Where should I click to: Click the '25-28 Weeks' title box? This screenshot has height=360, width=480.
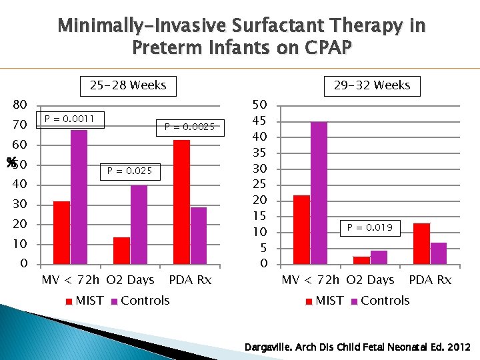pyautogui.click(x=128, y=86)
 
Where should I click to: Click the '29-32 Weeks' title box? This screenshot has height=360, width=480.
pyautogui.click(x=372, y=86)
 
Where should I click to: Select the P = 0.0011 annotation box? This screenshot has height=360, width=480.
pyautogui.click(x=70, y=120)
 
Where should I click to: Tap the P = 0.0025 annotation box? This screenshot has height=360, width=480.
pyautogui.click(x=190, y=127)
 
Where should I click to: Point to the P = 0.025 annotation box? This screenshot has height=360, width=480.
pyautogui.click(x=129, y=171)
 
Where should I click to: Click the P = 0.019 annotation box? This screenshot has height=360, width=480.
pyautogui.click(x=369, y=228)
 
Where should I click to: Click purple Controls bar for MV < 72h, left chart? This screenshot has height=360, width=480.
pyautogui.click(x=79, y=197)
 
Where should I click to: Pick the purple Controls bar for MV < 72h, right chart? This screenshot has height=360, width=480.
pyautogui.click(x=319, y=193)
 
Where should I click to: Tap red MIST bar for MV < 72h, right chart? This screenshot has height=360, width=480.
pyautogui.click(x=301, y=229)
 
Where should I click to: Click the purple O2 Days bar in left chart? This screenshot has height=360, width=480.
pyautogui.click(x=139, y=225)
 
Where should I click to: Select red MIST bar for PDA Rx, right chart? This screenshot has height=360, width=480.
pyautogui.click(x=421, y=243)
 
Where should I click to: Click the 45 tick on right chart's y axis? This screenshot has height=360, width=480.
pyautogui.click(x=259, y=121)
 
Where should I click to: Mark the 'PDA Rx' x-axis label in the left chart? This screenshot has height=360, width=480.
pyautogui.click(x=190, y=280)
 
